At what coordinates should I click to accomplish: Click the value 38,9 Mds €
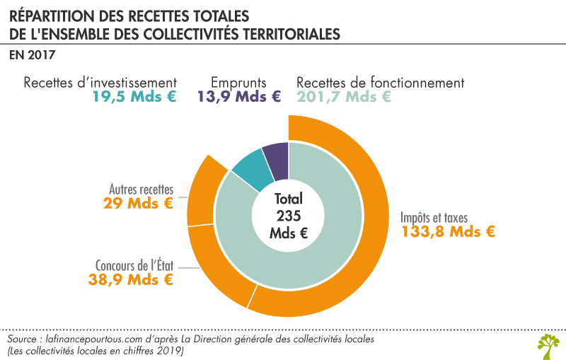(137, 279)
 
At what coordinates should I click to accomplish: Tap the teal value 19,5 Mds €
(134, 98)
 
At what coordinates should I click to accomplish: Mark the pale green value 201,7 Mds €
(344, 98)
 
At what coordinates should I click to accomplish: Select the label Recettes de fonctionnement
(381, 82)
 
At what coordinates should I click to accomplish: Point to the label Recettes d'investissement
(100, 82)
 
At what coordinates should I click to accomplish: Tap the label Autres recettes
(141, 189)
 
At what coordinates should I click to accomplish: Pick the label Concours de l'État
(134, 265)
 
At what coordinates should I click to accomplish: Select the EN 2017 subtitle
(33, 54)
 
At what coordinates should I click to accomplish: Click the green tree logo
(548, 344)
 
